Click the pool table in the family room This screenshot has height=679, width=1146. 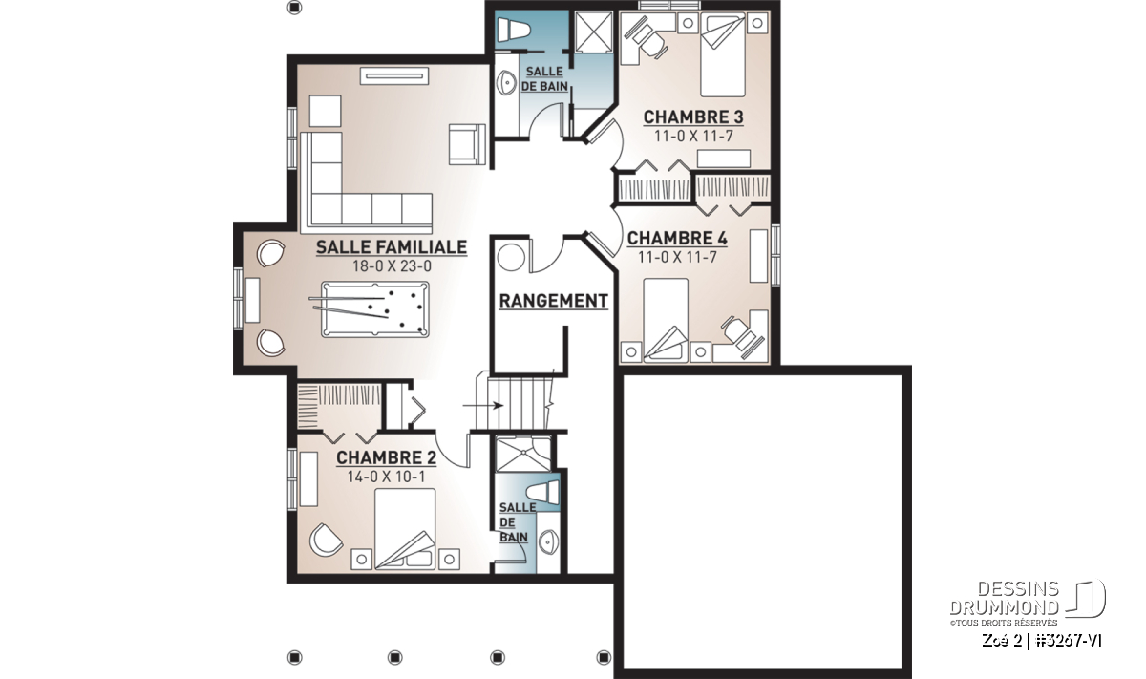pos(375,309)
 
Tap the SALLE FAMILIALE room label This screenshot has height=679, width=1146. pos(392,247)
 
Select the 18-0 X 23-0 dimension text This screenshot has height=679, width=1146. pos(392,266)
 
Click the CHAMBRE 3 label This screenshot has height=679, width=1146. pos(693,117)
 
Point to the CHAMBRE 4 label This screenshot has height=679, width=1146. pos(677,238)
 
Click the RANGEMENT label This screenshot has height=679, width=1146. pos(554,301)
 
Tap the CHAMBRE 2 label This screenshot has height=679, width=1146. pos(386,457)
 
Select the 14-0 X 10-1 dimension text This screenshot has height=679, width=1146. pos(386,477)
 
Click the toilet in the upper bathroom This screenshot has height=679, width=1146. pos(513,30)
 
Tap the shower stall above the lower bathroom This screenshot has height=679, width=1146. pos(523,454)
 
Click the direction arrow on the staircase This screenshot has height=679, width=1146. pos(483,406)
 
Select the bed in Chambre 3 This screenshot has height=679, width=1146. pos(722,54)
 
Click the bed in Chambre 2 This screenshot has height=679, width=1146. pos(405,528)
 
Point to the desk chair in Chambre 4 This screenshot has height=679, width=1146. pos(743,335)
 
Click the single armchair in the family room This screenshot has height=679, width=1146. pos(467,144)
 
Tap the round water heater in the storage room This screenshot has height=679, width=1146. pos(511,258)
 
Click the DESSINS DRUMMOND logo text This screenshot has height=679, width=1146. pos(1004,598)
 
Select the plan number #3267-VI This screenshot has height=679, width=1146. pos(1069,641)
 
